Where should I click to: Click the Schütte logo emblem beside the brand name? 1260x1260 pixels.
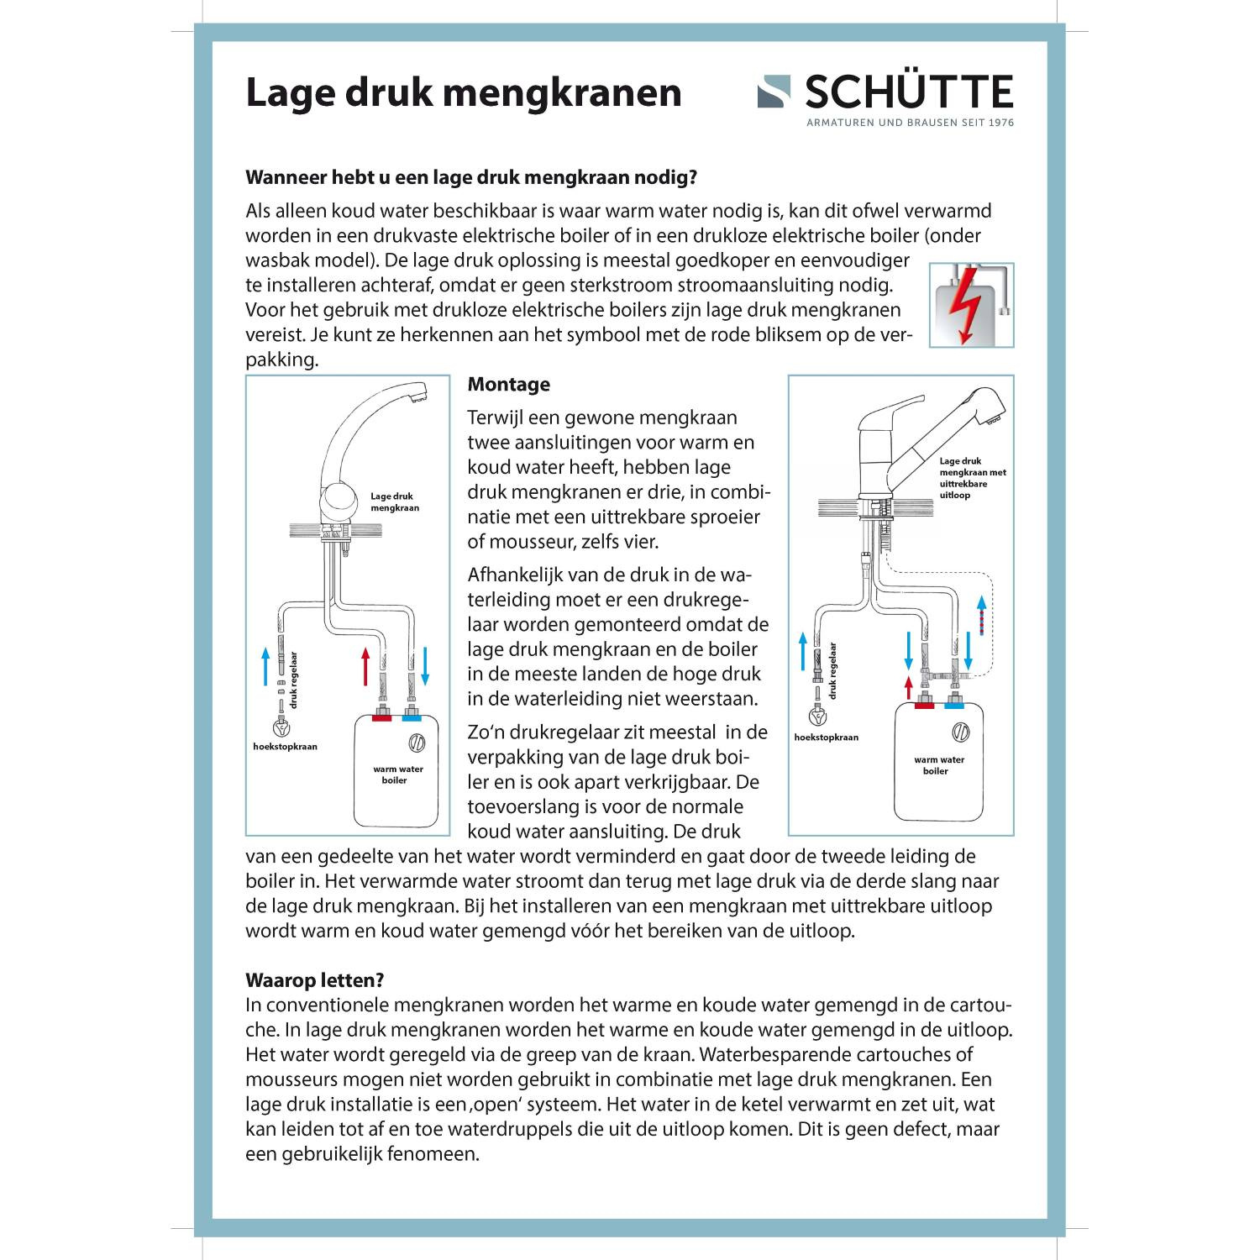click(x=774, y=92)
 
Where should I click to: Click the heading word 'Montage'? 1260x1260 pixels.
click(x=509, y=385)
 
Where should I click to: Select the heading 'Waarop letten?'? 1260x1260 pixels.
click(x=315, y=980)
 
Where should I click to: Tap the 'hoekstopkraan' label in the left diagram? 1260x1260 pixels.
click(x=286, y=746)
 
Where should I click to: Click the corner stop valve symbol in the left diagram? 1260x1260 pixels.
click(x=280, y=727)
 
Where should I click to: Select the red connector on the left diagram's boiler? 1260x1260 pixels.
click(x=382, y=717)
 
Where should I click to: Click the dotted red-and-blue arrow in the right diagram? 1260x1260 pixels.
click(x=981, y=616)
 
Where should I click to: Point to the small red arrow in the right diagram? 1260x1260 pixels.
click(x=909, y=687)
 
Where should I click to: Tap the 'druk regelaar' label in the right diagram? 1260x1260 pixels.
click(x=832, y=671)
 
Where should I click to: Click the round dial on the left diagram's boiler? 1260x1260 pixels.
click(x=416, y=743)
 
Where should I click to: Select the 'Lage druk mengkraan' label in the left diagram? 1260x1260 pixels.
click(x=394, y=502)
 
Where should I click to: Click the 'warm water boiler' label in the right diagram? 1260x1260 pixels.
click(x=938, y=765)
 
